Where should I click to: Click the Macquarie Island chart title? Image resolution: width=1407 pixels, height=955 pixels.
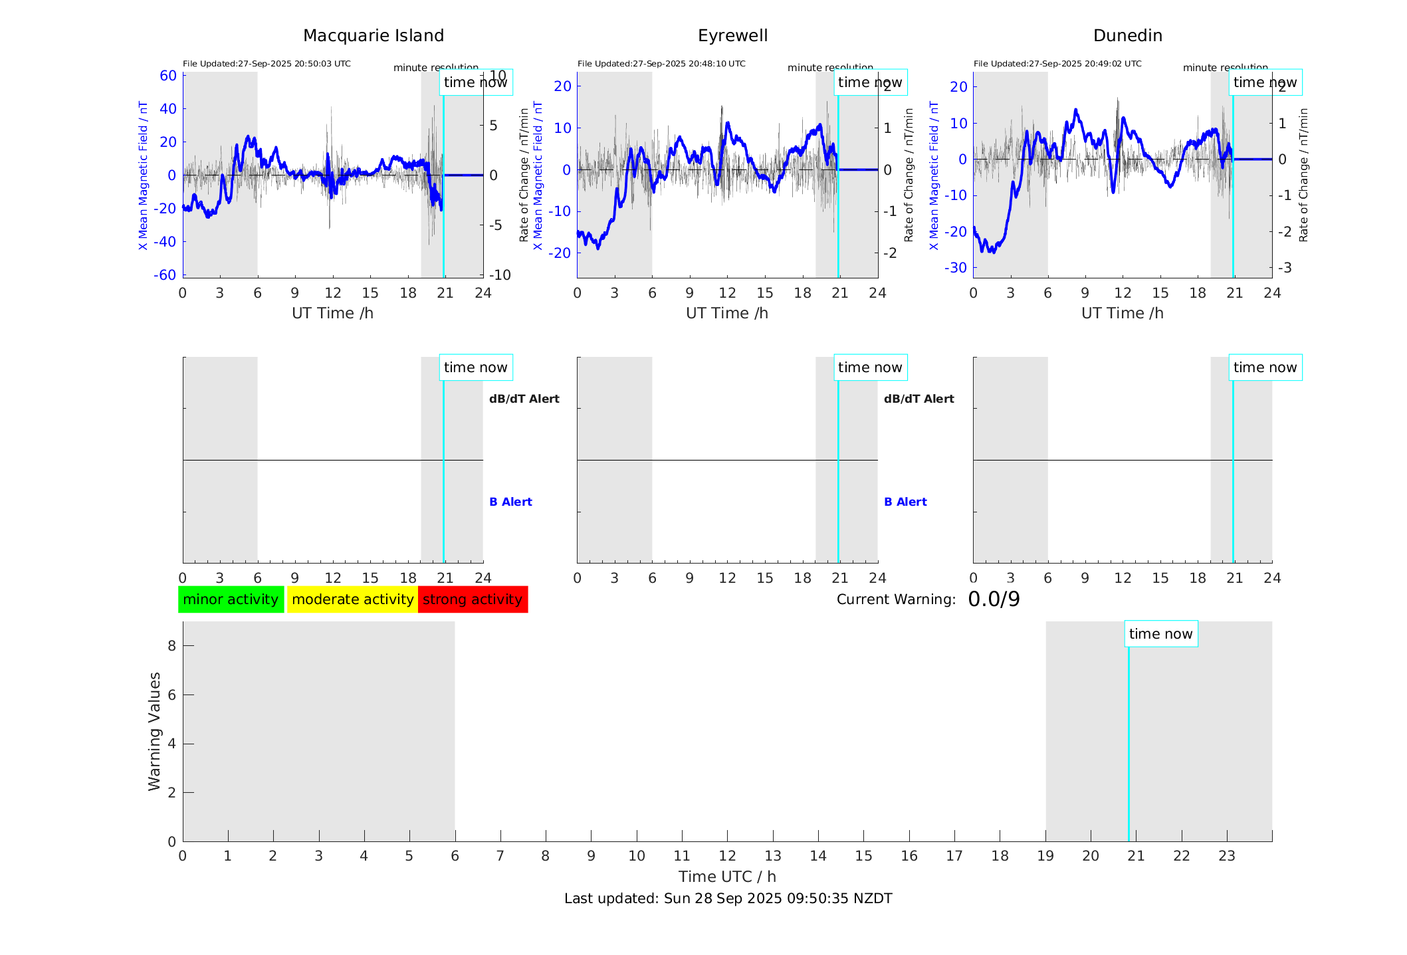[x=373, y=36]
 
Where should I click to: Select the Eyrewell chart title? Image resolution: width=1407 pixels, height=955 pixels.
[x=732, y=36]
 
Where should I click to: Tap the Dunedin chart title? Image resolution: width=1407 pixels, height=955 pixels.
[x=1127, y=36]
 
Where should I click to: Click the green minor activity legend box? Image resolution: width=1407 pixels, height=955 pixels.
[x=231, y=599]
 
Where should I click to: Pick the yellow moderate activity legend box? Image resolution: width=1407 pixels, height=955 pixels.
[x=352, y=599]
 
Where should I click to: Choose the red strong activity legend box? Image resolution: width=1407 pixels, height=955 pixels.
[x=473, y=599]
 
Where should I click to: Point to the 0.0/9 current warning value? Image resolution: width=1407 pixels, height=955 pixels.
[x=994, y=599]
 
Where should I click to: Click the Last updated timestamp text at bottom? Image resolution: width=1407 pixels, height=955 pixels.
[x=728, y=899]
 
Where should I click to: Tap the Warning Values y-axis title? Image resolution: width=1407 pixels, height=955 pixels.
[x=154, y=731]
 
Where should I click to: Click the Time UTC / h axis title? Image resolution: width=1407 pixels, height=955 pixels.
[x=727, y=877]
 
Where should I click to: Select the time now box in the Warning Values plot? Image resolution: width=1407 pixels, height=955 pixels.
[x=1160, y=634]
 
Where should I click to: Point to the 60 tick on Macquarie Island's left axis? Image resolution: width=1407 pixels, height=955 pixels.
[x=168, y=76]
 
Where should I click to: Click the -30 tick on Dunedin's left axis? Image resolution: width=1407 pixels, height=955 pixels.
[x=958, y=268]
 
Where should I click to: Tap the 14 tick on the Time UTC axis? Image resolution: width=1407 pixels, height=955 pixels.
[x=818, y=856]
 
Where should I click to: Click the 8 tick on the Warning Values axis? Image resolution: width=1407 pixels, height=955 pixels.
[x=171, y=645]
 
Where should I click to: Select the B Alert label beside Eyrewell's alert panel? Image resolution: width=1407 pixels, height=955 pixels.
[x=905, y=502]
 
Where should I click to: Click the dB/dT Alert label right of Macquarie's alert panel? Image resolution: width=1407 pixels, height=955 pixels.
[x=524, y=399]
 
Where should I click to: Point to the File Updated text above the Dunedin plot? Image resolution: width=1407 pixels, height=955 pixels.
[x=1057, y=64]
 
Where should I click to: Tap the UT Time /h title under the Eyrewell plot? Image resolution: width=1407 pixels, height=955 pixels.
[x=727, y=313]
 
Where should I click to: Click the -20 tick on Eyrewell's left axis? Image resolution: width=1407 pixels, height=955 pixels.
[x=562, y=253]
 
